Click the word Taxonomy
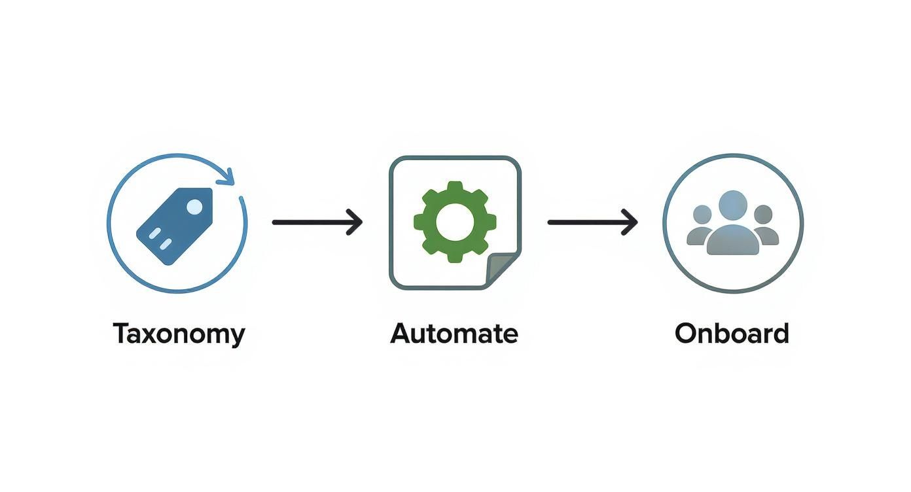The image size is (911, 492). click(x=179, y=334)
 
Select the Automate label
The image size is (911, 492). click(x=454, y=334)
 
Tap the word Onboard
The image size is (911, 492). click(x=732, y=334)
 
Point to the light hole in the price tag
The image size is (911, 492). click(x=194, y=207)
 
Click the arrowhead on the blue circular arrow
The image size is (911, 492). click(x=227, y=176)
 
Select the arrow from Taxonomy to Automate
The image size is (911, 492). click(x=317, y=222)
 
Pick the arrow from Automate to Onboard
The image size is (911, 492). click(x=592, y=222)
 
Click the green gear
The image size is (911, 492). click(x=455, y=222)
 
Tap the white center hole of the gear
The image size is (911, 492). click(x=455, y=222)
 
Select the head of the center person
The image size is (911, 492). click(x=732, y=205)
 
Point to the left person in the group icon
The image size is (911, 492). click(x=700, y=226)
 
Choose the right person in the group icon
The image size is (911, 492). click(x=764, y=226)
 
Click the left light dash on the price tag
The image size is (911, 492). click(x=154, y=234)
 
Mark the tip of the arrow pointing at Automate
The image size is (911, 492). click(x=361, y=222)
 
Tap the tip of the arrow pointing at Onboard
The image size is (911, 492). click(x=636, y=222)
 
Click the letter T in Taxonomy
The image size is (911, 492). click(x=122, y=334)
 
